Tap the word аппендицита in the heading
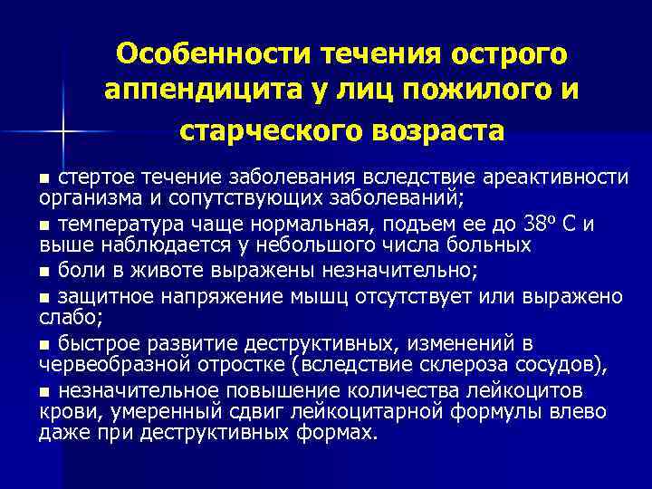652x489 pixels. pos(202,91)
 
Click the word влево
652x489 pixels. pos(576,411)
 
